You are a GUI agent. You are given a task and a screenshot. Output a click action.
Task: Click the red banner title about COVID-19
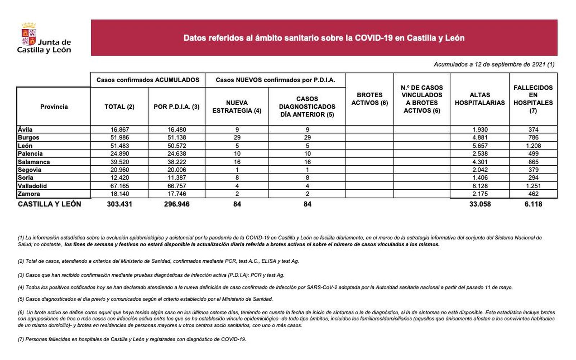point(324,38)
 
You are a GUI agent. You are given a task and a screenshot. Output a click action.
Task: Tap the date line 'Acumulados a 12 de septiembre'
point(494,64)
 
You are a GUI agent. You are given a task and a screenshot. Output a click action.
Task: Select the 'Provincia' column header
point(54,107)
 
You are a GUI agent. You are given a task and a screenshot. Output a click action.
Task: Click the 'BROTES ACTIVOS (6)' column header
point(369,99)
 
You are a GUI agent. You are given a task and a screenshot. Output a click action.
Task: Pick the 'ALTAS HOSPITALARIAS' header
point(480,99)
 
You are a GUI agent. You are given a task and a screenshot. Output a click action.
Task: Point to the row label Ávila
point(25,130)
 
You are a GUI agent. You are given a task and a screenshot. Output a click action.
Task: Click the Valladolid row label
point(32,186)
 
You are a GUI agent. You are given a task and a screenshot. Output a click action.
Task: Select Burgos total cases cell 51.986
point(119,138)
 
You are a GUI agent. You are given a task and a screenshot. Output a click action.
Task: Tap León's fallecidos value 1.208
point(533,146)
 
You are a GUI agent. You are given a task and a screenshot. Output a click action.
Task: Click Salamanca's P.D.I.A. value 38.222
point(176,162)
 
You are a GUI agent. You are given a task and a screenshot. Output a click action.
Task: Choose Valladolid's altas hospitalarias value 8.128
point(480,186)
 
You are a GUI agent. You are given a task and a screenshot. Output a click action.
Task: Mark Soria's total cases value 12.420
point(119,177)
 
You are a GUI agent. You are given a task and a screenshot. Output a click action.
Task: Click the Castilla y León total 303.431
point(119,204)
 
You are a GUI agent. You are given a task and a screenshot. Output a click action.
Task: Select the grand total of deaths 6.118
point(533,204)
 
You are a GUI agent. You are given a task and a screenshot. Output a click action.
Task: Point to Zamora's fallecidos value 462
point(533,194)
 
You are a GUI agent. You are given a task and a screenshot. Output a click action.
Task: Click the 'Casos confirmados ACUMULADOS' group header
point(148,80)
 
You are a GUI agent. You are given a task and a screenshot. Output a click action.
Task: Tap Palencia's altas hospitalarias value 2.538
point(480,154)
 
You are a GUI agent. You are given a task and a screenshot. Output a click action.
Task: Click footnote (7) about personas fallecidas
point(132,339)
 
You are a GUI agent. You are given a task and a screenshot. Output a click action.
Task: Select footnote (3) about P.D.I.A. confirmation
point(151,275)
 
